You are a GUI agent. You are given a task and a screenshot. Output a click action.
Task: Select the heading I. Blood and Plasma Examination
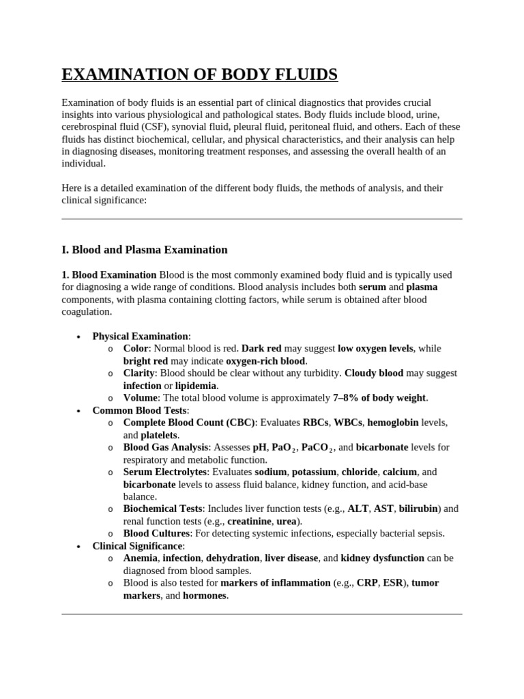click(145, 249)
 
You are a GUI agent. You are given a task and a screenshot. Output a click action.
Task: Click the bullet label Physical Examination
click(140, 336)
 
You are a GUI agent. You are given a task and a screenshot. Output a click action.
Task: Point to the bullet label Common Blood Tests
click(139, 410)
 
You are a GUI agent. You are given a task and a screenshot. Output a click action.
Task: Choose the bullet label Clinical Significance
click(137, 546)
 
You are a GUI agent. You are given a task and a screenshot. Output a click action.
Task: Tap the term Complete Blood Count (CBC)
click(189, 423)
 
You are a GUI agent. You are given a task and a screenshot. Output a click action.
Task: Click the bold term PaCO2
click(316, 448)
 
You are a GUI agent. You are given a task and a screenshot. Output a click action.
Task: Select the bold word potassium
click(313, 472)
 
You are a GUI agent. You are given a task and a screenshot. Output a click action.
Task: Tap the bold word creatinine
click(250, 522)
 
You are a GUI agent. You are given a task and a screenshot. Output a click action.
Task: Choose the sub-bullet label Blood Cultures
click(156, 533)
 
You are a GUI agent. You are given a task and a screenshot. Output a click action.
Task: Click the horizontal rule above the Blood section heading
click(262, 219)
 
